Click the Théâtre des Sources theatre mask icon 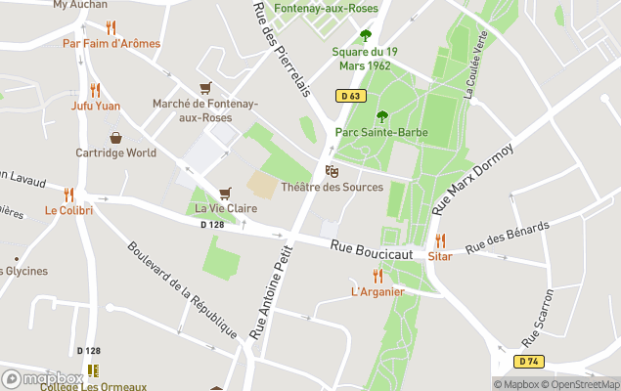332,171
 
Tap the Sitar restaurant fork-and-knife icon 440,239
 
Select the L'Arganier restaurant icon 377,276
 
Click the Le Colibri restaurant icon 68,195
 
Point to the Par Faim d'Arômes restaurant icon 111,27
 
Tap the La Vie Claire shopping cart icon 226,193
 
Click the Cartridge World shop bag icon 115,137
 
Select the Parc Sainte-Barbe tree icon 381,116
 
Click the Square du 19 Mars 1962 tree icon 366,35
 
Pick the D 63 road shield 352,95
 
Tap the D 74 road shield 529,361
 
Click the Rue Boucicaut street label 371,251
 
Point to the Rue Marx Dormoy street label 471,180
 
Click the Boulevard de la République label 183,289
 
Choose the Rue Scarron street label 545,319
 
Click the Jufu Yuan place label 96,106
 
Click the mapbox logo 41,378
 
